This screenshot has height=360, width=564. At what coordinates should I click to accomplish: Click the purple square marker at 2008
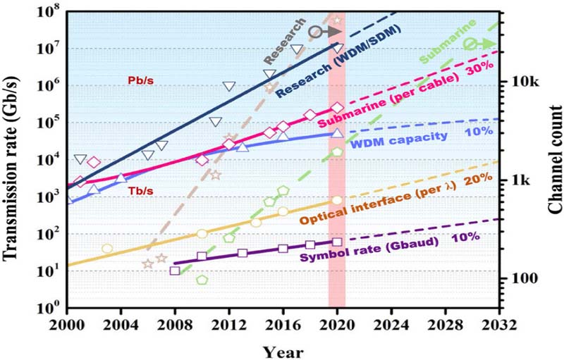(175, 271)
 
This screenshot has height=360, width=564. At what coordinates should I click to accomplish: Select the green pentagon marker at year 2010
(202, 280)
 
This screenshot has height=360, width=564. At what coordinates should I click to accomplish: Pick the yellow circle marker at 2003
(107, 249)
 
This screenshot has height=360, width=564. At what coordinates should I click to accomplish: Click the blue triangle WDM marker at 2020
(337, 132)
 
